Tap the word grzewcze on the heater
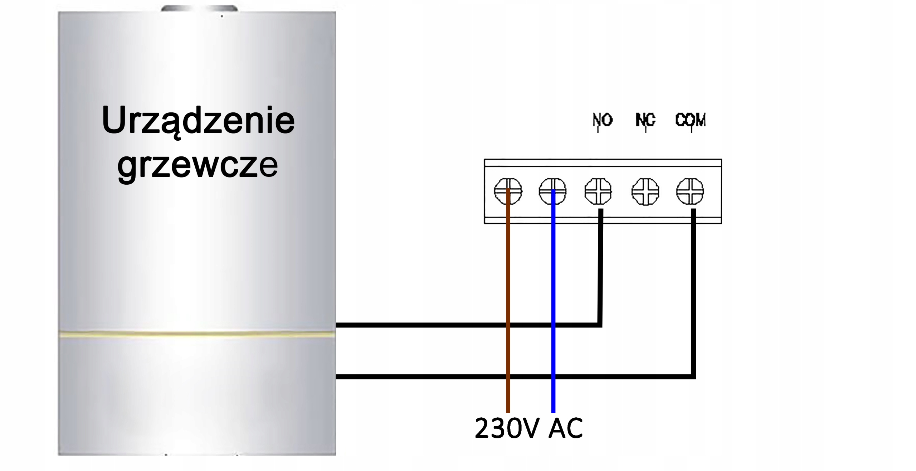(x=198, y=166)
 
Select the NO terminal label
(x=603, y=120)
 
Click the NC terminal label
(x=645, y=120)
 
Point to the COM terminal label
(x=691, y=120)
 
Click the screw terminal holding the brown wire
(x=508, y=191)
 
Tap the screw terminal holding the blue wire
(x=553, y=191)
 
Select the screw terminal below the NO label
(x=598, y=191)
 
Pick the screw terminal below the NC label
(x=645, y=192)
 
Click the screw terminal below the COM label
(x=690, y=191)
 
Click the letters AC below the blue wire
(x=565, y=428)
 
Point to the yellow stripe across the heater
(x=197, y=334)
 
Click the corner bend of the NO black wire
(x=600, y=325)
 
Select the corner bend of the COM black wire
(x=693, y=376)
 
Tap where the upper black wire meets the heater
(x=337, y=325)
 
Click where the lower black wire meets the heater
(x=337, y=377)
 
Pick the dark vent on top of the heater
(x=199, y=8)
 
